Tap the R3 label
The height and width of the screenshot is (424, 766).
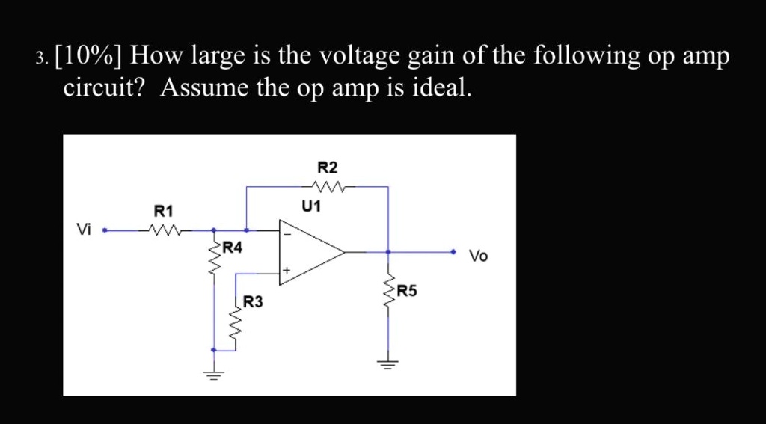254,302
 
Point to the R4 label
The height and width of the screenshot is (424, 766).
232,247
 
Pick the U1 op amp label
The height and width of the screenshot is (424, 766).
310,206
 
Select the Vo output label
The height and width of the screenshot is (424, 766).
478,256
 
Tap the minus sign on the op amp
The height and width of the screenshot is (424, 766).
286,233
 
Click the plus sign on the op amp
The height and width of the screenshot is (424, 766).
286,270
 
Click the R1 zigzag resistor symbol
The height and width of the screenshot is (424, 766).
165,230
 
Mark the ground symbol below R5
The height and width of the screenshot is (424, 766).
387,365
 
